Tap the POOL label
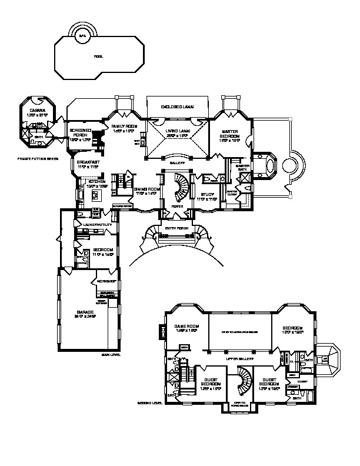[98, 56]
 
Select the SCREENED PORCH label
[80, 133]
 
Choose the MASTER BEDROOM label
[228, 134]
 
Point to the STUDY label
[209, 198]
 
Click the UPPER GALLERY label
[239, 358]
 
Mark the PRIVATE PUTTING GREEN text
[38, 159]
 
